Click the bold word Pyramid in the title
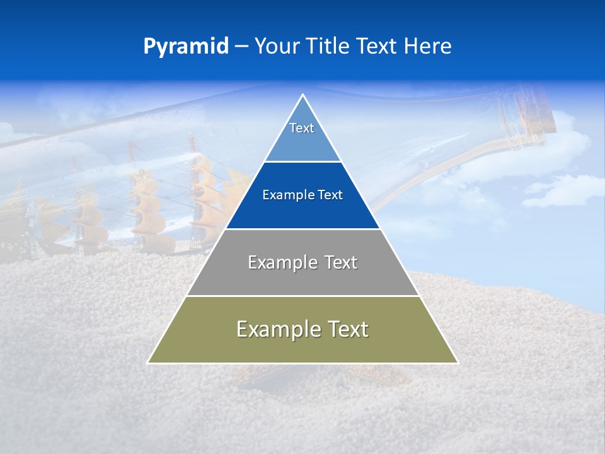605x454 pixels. [186, 47]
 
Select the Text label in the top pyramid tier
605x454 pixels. [302, 128]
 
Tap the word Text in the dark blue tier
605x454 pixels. [330, 195]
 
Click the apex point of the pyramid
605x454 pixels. [302, 95]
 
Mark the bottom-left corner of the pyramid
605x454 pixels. [149, 363]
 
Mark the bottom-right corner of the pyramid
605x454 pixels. [457, 363]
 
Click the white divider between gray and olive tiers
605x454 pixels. [302, 296]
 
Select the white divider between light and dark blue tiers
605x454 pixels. [302, 161]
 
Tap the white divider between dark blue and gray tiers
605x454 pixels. [302, 229]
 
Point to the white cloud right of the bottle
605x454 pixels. [561, 189]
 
